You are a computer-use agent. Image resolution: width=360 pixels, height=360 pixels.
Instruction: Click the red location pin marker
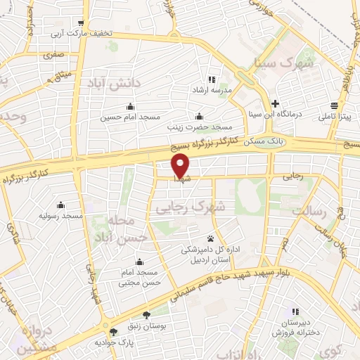(x=181, y=165)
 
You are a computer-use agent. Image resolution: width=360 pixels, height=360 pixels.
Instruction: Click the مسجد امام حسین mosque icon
(x=129, y=107)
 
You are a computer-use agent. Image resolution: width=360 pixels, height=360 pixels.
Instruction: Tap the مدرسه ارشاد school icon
(x=212, y=79)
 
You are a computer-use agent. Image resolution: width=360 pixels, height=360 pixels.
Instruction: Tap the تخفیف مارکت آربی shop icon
(x=83, y=23)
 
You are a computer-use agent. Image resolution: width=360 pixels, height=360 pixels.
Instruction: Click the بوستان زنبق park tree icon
(x=146, y=315)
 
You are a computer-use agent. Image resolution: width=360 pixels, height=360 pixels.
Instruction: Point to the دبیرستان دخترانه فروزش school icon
(x=296, y=311)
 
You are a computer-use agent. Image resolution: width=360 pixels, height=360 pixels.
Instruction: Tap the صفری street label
(x=53, y=54)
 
